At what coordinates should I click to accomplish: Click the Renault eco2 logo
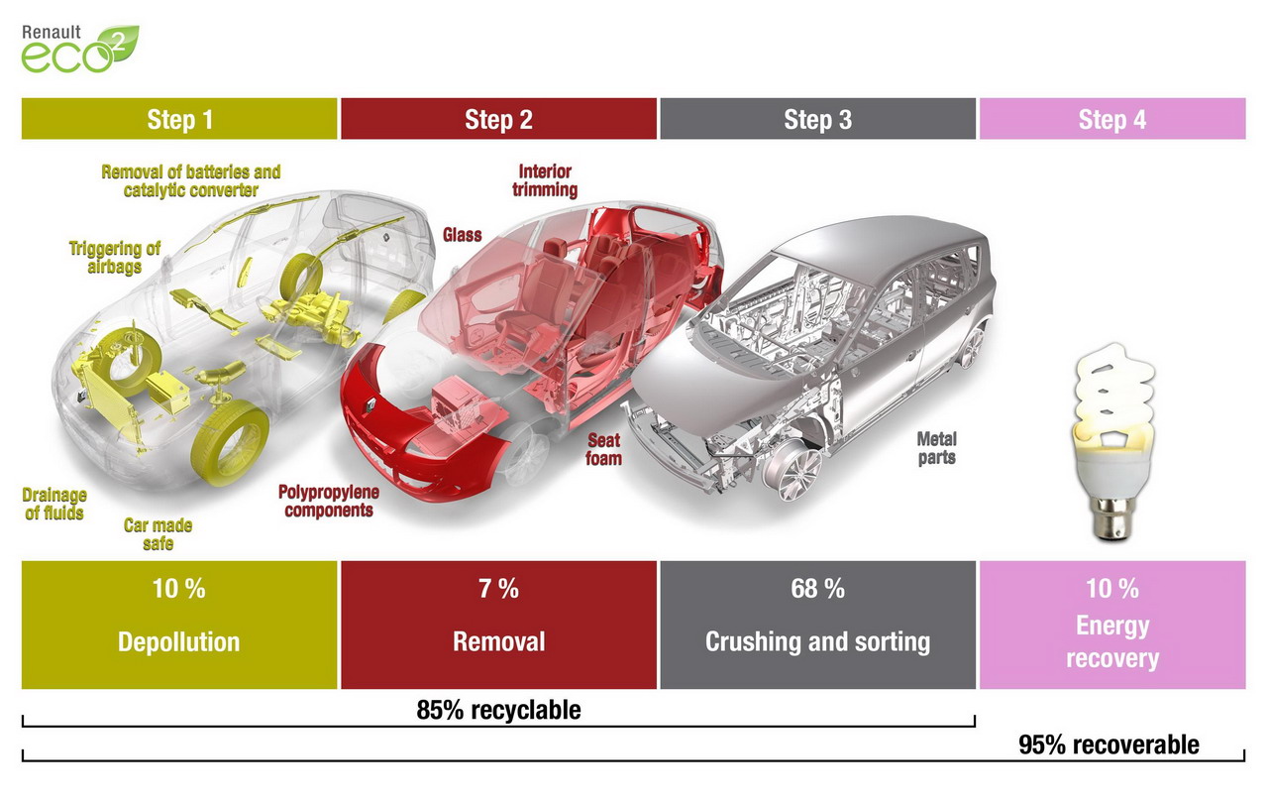[80, 49]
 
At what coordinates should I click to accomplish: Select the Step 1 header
[179, 119]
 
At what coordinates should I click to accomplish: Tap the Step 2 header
[498, 119]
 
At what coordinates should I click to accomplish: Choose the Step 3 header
[818, 119]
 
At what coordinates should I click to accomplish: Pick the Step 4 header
[1112, 119]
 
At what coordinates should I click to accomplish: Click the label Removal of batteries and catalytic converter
[191, 180]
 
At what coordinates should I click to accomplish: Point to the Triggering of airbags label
[114, 257]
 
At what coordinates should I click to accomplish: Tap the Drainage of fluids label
[54, 504]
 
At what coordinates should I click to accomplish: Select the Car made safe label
[158, 534]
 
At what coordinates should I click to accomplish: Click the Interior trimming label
[545, 180]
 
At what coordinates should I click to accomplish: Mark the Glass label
[462, 235]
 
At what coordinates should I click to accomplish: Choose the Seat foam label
[603, 449]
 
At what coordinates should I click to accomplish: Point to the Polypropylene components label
[328, 501]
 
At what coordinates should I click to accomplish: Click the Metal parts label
[937, 448]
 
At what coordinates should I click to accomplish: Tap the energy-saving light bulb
[1112, 442]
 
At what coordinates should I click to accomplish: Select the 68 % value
[818, 588]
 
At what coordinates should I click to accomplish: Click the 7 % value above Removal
[498, 588]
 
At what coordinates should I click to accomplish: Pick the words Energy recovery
[1112, 641]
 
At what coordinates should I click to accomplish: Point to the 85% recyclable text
[498, 710]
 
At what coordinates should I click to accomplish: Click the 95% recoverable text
[1109, 744]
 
